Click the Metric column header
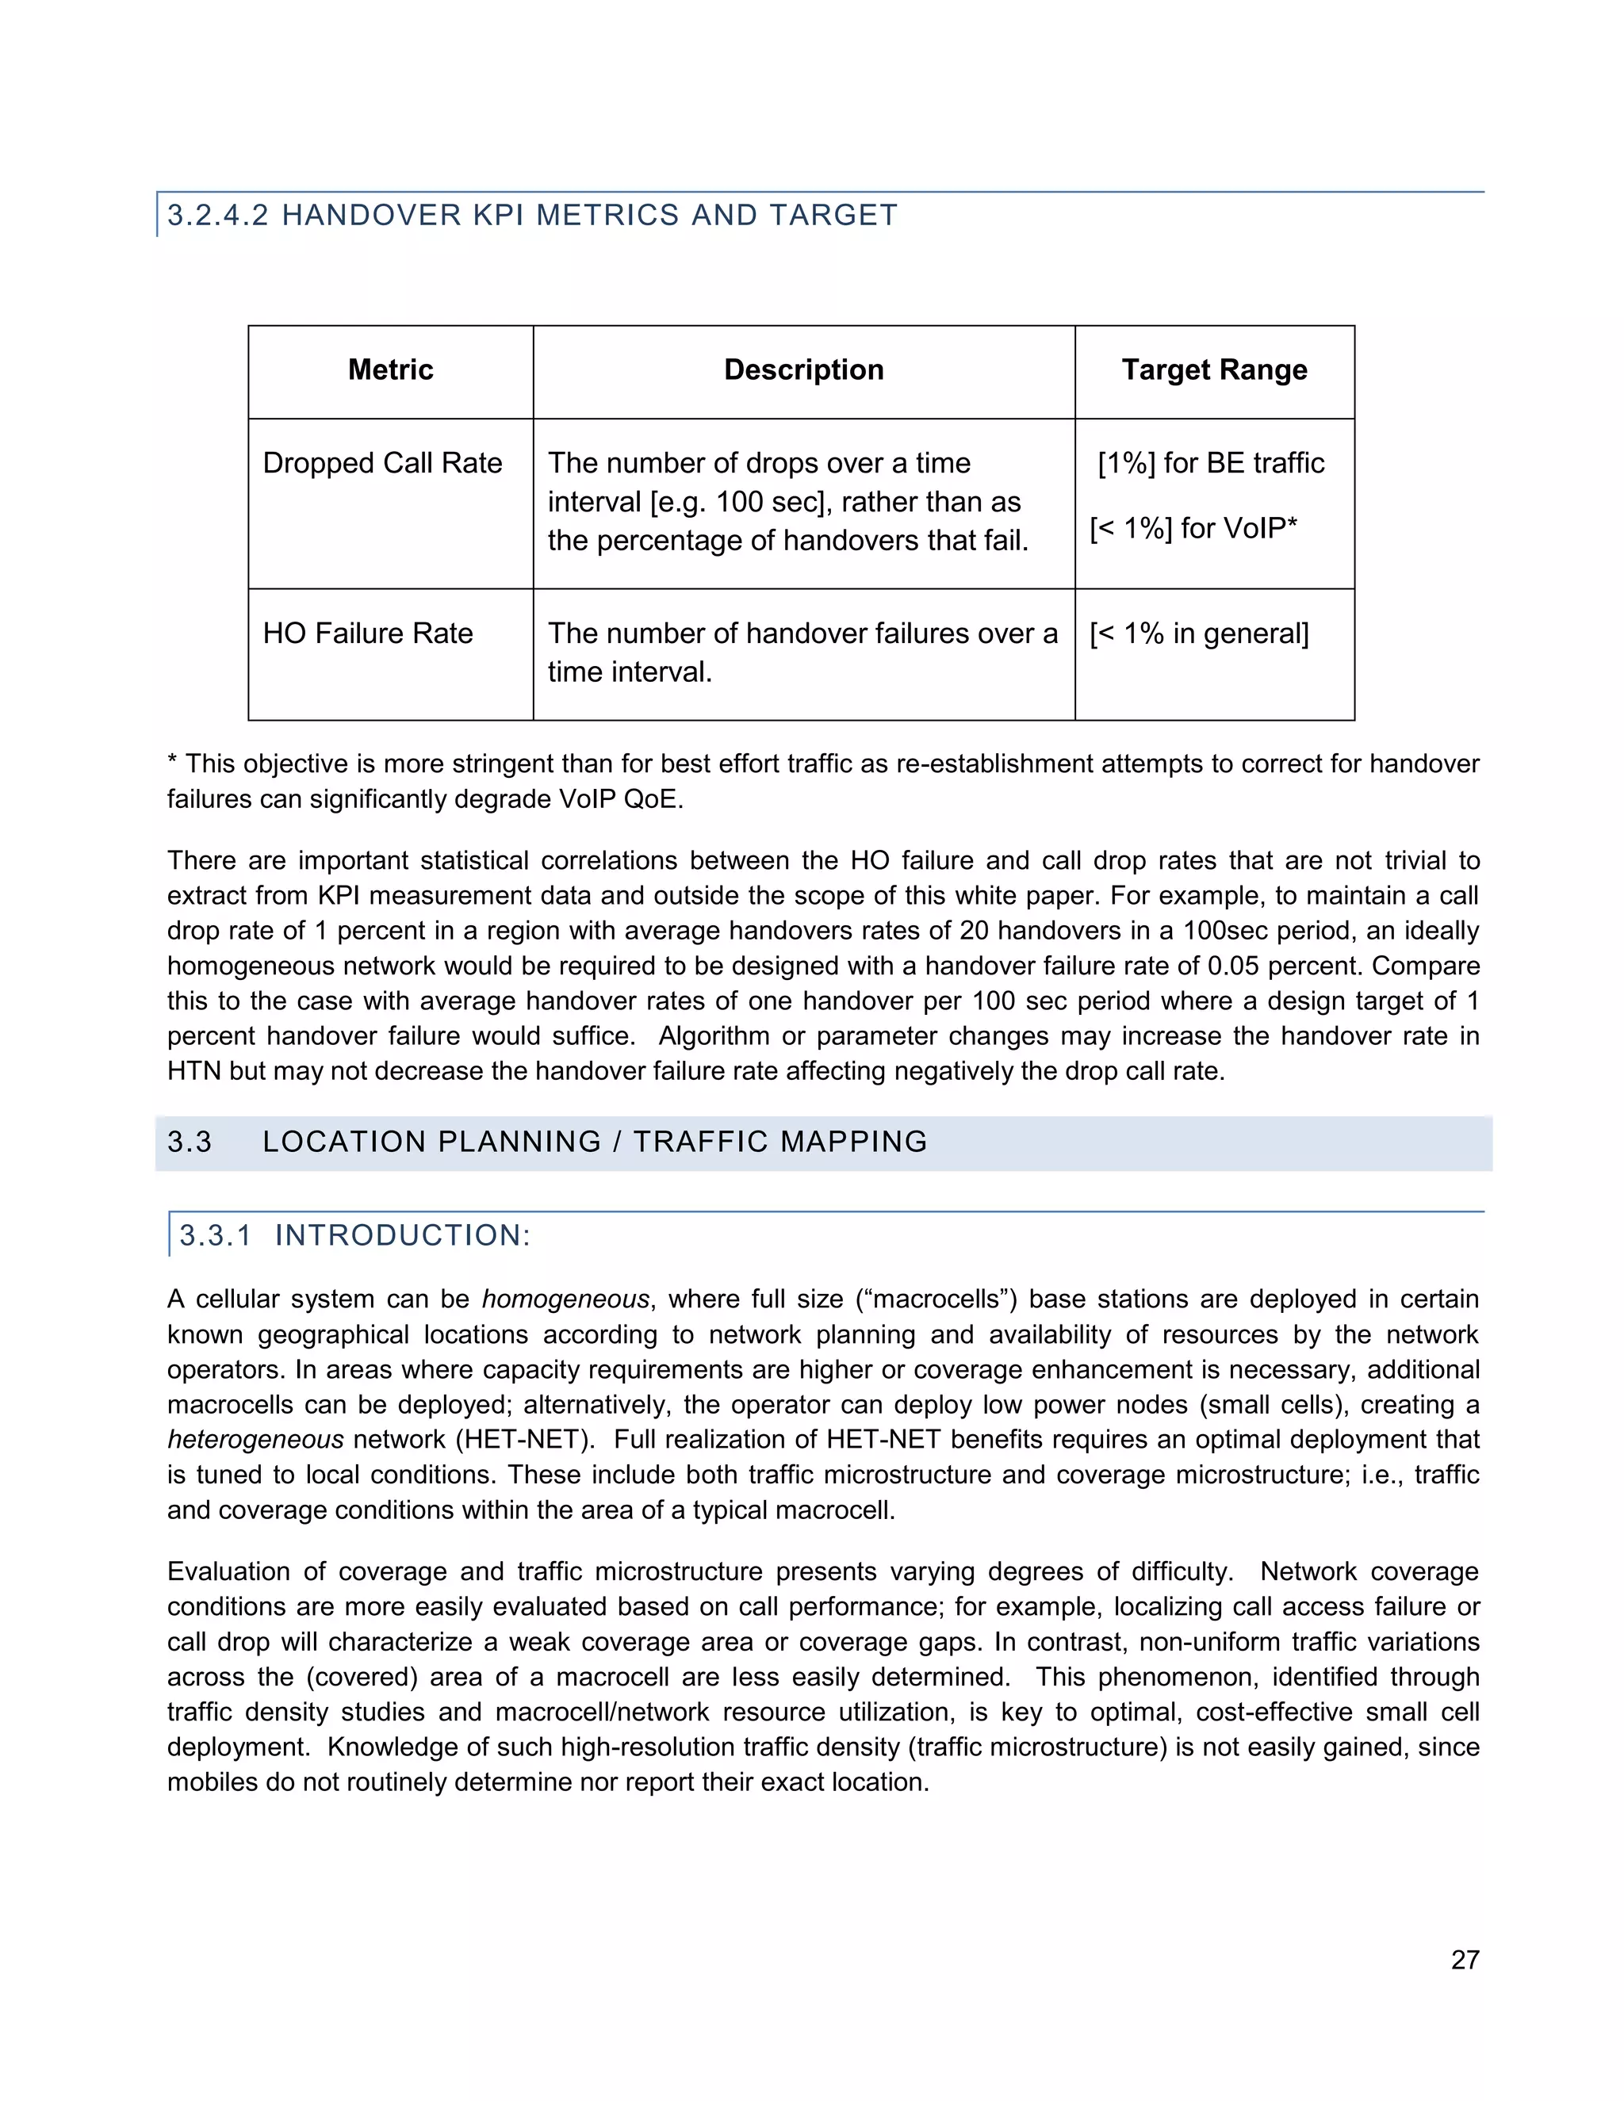[391, 369]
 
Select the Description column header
[803, 369]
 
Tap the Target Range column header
[1214, 369]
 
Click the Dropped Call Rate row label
[382, 463]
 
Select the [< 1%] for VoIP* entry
[1193, 528]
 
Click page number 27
[1465, 1960]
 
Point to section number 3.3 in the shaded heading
[190, 1142]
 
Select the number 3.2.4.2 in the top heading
[218, 215]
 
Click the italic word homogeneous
[565, 1299]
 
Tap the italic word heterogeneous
[255, 1440]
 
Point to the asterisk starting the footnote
[172, 763]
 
